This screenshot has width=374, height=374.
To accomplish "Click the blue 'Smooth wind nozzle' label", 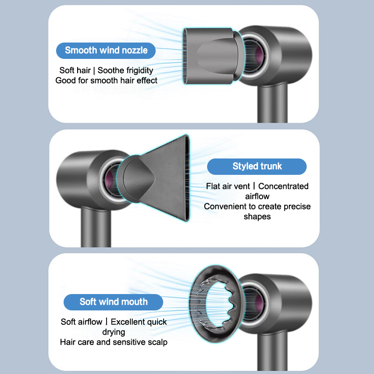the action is click(106, 50).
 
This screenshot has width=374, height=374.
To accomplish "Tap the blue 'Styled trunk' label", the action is click(257, 166).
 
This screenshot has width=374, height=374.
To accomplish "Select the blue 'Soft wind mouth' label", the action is click(113, 302).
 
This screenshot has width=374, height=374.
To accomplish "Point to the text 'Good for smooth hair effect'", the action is click(107, 80).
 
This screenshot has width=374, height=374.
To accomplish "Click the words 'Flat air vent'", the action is click(228, 186).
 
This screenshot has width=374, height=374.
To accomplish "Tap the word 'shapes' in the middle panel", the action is click(257, 217).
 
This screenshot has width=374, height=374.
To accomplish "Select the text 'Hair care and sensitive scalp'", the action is click(114, 342).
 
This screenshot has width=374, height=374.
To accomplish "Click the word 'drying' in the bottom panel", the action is click(114, 332).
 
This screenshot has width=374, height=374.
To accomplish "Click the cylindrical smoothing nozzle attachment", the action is click(212, 56).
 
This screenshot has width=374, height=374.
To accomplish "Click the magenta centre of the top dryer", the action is click(259, 55).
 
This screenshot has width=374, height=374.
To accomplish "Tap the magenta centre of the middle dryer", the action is click(109, 180).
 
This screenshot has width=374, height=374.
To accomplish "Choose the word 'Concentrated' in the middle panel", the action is click(283, 186).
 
